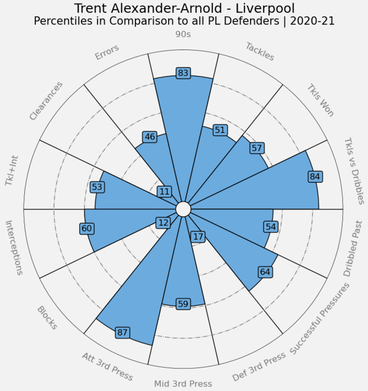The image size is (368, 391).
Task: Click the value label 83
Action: click(183, 73)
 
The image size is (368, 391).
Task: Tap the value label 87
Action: click(122, 333)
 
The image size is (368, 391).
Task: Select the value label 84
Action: click(314, 177)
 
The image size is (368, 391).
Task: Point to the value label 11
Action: click(165, 191)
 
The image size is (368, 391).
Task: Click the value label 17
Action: click(197, 236)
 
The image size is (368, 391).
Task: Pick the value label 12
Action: click(163, 223)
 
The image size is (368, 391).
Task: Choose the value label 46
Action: click(150, 137)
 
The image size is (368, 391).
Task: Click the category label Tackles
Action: click(260, 52)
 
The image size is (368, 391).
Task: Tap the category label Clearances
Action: click(46, 101)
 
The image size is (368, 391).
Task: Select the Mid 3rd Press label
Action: click(183, 383)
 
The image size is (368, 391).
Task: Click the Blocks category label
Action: click(47, 318)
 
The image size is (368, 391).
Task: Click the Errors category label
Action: click(107, 52)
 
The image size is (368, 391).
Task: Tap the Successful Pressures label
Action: click(320, 319)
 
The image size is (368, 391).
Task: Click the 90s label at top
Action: click(184, 34)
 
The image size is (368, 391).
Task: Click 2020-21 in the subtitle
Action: click(310, 21)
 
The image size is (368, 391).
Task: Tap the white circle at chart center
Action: click(183, 209)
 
